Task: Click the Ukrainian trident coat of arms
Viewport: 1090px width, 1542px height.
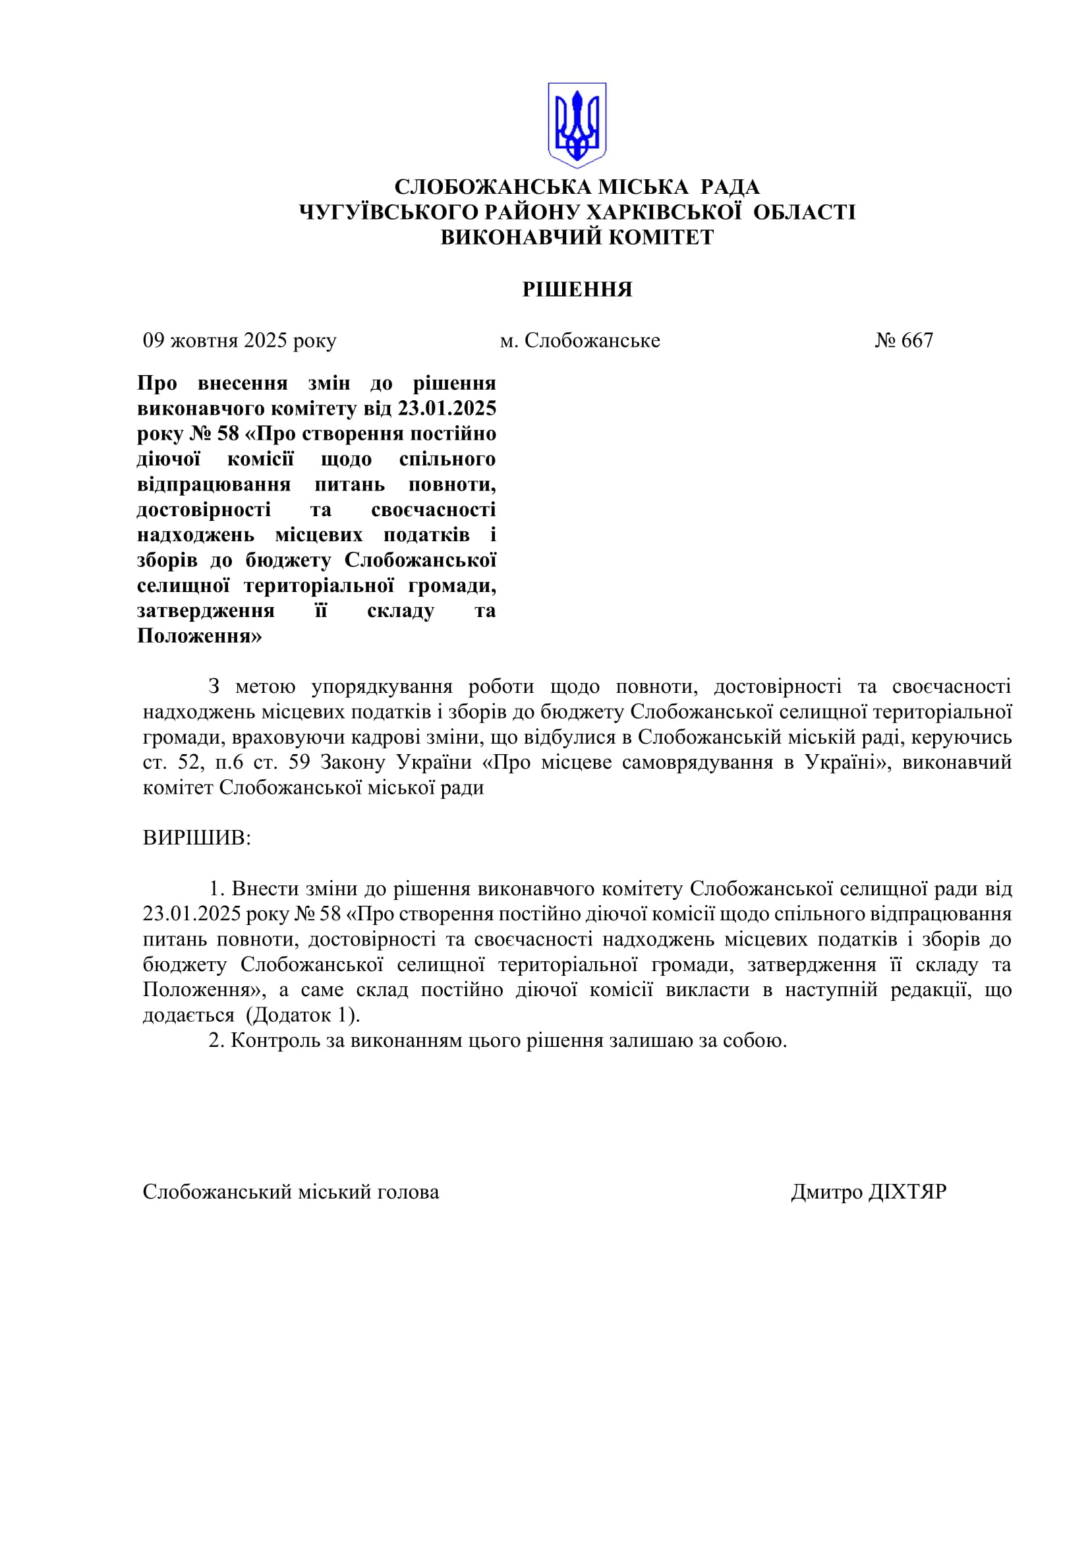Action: click(577, 125)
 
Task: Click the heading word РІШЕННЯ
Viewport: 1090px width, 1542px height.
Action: click(577, 289)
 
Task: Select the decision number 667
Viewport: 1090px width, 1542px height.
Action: click(917, 340)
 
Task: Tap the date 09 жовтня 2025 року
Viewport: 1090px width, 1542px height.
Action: click(239, 340)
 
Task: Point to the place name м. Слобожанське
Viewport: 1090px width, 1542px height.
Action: click(580, 340)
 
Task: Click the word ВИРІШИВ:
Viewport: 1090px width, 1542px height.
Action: click(196, 837)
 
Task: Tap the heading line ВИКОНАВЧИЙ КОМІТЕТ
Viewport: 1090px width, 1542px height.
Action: click(577, 237)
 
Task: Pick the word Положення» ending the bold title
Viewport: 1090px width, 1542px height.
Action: click(199, 636)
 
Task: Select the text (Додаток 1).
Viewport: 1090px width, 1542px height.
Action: click(303, 1015)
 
